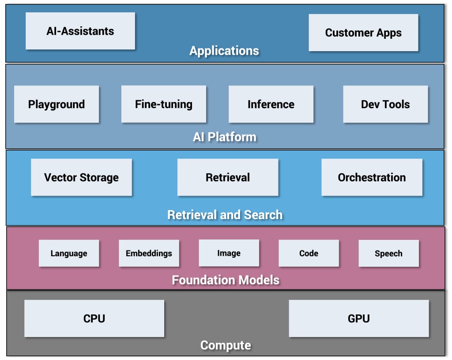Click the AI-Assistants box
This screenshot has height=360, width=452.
(x=80, y=31)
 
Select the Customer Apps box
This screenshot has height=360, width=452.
(x=363, y=33)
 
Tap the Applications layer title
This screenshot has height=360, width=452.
(x=224, y=51)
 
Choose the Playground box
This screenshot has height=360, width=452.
(x=56, y=104)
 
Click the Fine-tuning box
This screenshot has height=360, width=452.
(x=164, y=104)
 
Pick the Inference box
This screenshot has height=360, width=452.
(x=271, y=104)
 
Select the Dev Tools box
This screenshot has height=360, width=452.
(x=385, y=104)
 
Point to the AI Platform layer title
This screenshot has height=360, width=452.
(x=224, y=137)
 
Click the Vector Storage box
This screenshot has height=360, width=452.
(x=81, y=178)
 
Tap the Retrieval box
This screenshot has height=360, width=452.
(x=228, y=178)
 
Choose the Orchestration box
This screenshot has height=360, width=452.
(x=372, y=178)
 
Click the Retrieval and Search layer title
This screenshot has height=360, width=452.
(x=225, y=215)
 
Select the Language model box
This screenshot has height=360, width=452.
(x=69, y=254)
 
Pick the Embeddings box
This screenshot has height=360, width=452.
(x=149, y=254)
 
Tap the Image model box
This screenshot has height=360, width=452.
(x=229, y=253)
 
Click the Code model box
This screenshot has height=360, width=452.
(x=309, y=254)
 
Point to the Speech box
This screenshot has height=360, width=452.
(x=388, y=254)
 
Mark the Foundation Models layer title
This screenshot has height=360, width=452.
(x=226, y=280)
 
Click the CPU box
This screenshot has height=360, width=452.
(x=94, y=318)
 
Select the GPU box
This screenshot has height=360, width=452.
(x=359, y=318)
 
